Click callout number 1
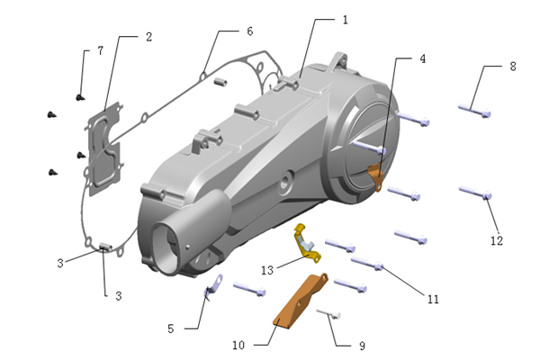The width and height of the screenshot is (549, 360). tap(345, 19)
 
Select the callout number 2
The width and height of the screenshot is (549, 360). tap(148, 37)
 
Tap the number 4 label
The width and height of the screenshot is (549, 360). tap(422, 58)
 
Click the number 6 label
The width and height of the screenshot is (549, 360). tap(249, 31)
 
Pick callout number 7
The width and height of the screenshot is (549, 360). tap(101, 50)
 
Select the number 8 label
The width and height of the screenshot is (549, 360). tap(512, 67)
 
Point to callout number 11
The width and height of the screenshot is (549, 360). tap(433, 299)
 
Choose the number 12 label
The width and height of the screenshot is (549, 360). tap(496, 240)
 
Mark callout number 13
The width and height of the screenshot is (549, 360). tap(267, 270)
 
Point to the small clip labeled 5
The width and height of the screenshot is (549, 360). tap(213, 286)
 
